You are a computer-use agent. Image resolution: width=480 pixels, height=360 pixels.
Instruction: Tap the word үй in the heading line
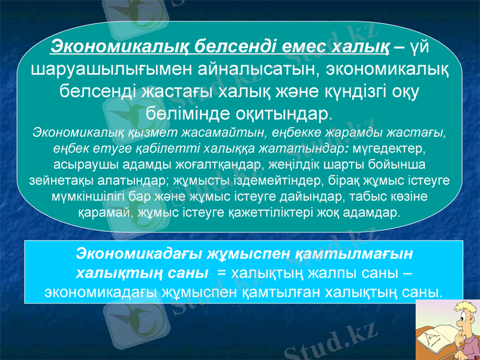[420, 45]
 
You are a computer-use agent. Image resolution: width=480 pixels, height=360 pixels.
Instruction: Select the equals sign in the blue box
[222, 273]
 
